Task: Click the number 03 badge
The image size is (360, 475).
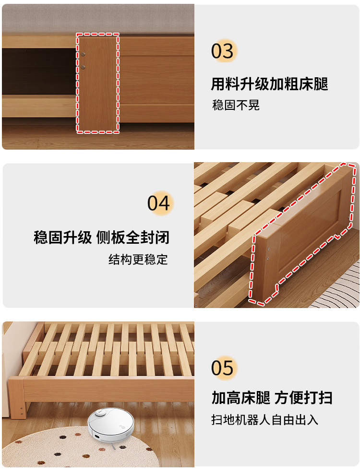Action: pos(223,51)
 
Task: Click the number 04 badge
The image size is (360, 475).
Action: pos(159,203)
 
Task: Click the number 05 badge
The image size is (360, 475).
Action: pos(223,368)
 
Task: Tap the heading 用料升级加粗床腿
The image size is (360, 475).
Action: pos(269,84)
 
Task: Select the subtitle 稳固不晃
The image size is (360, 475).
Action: pos(236,105)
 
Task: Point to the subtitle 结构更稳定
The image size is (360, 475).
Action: pos(138,259)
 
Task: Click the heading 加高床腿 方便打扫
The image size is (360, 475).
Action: pos(272,397)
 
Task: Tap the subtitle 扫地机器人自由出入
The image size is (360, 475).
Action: pos(264,420)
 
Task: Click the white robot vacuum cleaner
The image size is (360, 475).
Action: pos(110,424)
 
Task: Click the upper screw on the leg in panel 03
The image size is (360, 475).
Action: pos(83,55)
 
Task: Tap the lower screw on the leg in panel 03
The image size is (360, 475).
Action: pos(83,67)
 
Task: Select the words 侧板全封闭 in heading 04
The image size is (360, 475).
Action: pos(133,237)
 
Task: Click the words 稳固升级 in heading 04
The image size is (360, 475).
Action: pos(63,237)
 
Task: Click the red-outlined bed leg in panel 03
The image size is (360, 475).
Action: pos(97,83)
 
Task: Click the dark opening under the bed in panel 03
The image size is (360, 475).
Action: pos(39,71)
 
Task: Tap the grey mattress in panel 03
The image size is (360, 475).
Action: pos(98,19)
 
